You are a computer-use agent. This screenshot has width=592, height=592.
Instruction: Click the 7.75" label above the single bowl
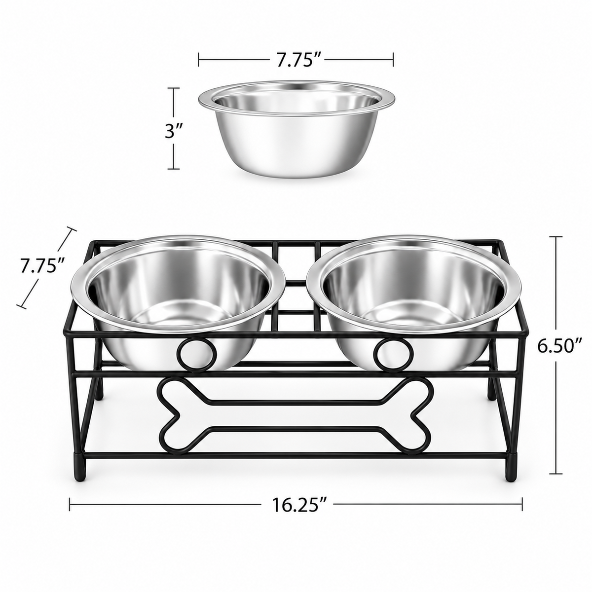(x=296, y=60)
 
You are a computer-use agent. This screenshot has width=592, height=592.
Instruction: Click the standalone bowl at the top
(x=297, y=129)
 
